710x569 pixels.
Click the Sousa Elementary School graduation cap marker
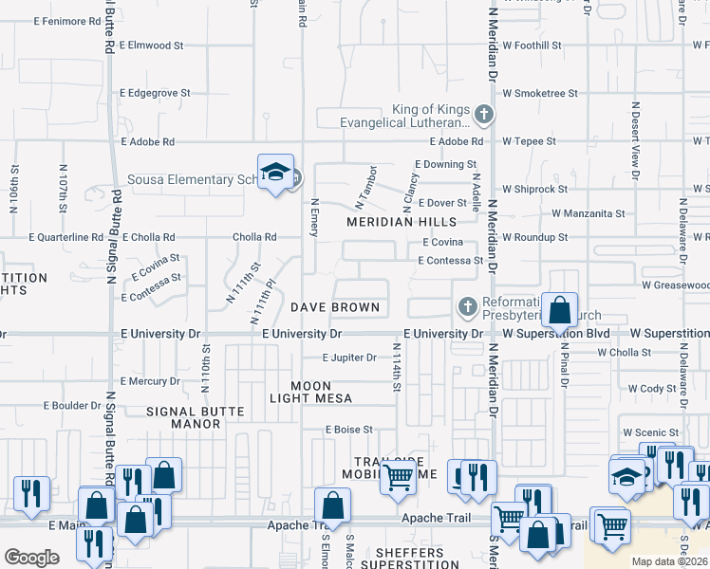coord(275,173)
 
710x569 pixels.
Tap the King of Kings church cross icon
coord(484,115)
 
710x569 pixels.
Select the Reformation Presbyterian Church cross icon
coord(467,306)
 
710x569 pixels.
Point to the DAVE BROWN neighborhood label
coord(335,307)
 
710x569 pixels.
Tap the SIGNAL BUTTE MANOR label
coord(196,418)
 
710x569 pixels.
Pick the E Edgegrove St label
coord(155,93)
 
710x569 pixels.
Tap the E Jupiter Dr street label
coord(349,358)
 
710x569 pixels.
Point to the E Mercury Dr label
coord(150,381)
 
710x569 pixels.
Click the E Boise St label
coord(348,430)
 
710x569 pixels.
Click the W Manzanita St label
coord(588,214)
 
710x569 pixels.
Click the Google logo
coord(31,558)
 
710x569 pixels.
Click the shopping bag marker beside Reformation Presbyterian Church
coord(560,309)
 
